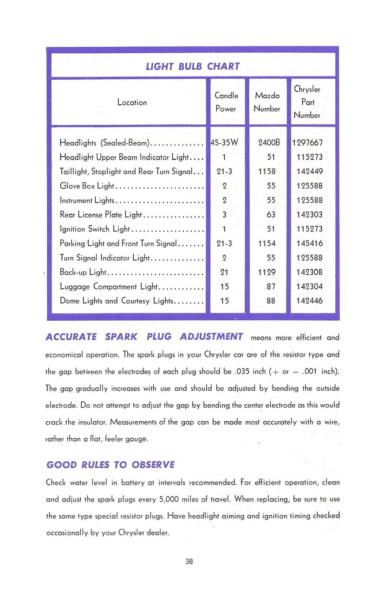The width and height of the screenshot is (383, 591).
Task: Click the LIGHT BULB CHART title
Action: point(193,66)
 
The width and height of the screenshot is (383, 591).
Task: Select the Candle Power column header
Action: point(226,102)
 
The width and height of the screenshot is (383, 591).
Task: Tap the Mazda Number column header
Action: point(267,102)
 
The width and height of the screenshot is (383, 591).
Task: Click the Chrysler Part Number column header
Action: point(307,102)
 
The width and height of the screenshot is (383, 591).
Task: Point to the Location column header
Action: point(132,102)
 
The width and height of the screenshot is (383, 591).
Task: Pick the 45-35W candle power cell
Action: point(224,143)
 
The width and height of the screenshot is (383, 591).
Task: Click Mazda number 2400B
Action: point(267,143)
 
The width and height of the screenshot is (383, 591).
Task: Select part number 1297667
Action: point(307,143)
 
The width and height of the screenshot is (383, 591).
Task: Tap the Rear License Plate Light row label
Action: point(101,215)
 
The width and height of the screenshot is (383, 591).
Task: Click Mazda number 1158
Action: point(267,172)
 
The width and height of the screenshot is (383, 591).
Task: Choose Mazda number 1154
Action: point(267,243)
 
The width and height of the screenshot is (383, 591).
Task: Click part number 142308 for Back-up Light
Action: point(310,272)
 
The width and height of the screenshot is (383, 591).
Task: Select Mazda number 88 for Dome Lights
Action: point(271,301)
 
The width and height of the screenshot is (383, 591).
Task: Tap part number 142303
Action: point(310,215)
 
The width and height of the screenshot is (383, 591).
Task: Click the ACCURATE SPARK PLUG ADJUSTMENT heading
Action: point(144,337)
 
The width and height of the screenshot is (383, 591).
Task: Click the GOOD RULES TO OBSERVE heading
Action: point(110,465)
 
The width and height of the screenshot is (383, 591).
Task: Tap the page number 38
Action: point(189,561)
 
